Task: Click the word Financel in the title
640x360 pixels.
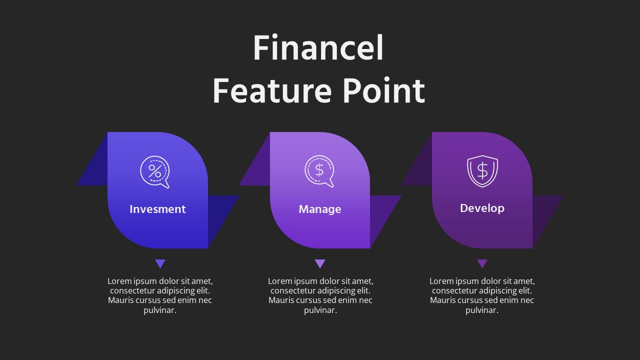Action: (318, 48)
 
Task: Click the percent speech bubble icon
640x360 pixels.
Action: (154, 171)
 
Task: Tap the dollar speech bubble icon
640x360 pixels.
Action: (319, 171)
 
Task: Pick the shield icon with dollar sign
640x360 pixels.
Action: (482, 171)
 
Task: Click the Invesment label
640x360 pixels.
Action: (157, 209)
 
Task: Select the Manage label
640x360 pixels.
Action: (319, 209)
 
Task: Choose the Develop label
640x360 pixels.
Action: (482, 208)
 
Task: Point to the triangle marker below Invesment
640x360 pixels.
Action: (160, 263)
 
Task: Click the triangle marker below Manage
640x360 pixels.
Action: (320, 263)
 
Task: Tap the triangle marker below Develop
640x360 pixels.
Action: (482, 263)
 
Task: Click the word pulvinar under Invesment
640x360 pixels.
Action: (160, 310)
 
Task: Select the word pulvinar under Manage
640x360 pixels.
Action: (320, 310)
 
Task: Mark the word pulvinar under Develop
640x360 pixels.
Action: (482, 310)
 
